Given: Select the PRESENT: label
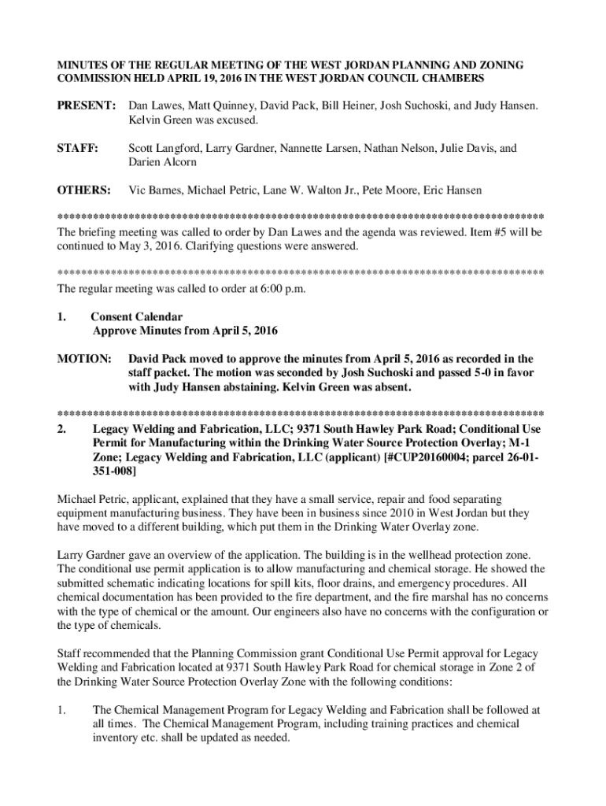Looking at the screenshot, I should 86,105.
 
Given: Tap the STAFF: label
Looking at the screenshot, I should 77,147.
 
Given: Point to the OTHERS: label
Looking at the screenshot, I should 83,190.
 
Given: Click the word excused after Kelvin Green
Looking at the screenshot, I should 235,120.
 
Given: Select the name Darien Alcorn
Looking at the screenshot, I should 162,163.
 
